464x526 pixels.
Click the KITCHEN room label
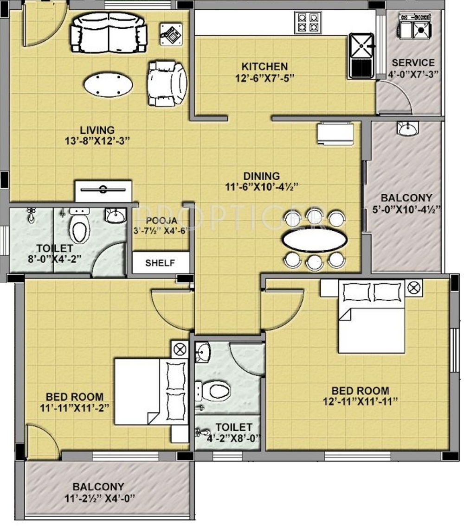(x=264, y=66)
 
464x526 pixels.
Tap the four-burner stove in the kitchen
(x=308, y=22)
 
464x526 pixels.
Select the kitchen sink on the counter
(x=361, y=56)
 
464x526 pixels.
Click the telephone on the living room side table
(x=171, y=33)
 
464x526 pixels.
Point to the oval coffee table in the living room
(x=108, y=84)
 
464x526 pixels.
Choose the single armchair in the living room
(x=167, y=83)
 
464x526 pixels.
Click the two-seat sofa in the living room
(x=109, y=32)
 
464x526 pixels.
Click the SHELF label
(x=160, y=263)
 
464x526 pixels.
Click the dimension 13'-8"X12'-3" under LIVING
(x=97, y=140)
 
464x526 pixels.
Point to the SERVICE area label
(x=413, y=63)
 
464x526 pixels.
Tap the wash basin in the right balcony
(x=408, y=128)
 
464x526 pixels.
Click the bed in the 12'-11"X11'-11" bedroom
(x=371, y=317)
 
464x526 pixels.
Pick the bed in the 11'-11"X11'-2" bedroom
(x=151, y=392)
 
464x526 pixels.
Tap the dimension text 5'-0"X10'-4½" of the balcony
(x=406, y=209)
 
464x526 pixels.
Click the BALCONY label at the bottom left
(x=98, y=487)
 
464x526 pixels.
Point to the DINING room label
(x=261, y=176)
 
